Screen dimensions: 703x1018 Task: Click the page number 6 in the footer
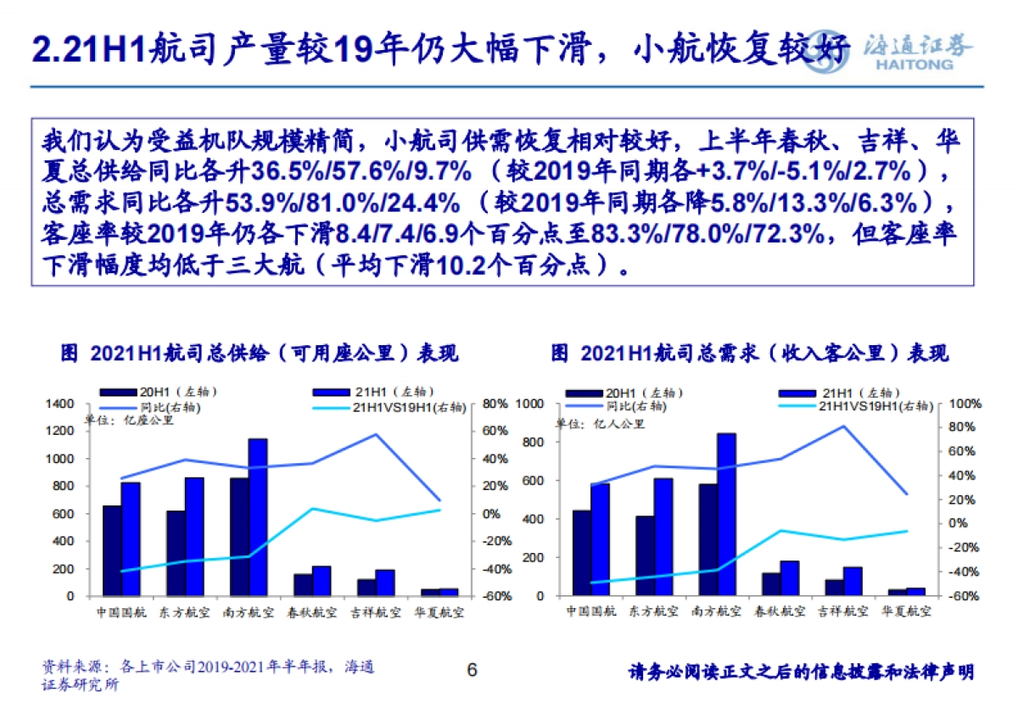(473, 670)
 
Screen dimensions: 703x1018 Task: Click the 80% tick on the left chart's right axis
(495, 404)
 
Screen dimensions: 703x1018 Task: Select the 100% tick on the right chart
(964, 404)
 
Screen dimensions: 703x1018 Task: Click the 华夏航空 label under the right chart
(907, 611)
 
